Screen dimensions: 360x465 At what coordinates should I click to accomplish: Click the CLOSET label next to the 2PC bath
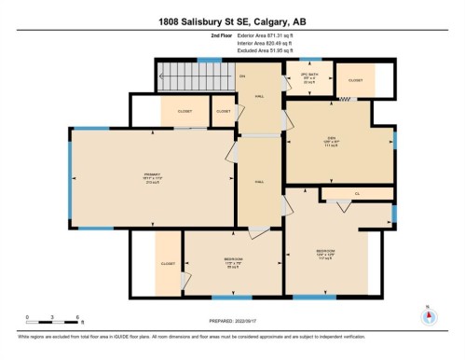point(355,80)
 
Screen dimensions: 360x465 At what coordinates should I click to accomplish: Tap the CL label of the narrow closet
point(356,194)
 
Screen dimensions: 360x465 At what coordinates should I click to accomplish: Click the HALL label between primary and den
point(259,183)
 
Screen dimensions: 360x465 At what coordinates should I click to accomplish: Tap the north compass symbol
point(429,315)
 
